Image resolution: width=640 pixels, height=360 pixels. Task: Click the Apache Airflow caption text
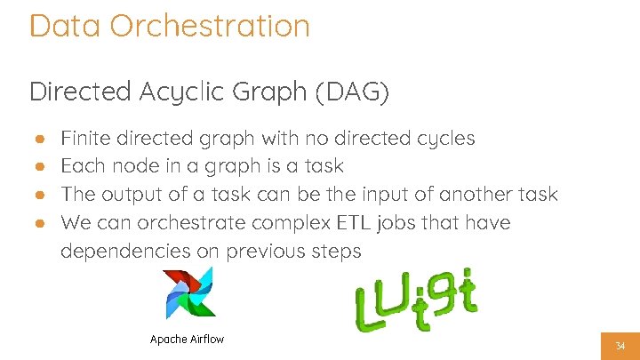[187, 340]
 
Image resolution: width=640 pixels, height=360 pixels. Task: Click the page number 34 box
[620, 345]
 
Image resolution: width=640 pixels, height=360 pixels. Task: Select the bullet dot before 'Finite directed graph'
[40, 139]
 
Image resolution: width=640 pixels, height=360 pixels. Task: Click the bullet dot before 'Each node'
[40, 166]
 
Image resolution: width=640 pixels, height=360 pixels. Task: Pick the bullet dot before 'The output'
[40, 195]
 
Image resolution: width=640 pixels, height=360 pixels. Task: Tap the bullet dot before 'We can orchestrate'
[40, 222]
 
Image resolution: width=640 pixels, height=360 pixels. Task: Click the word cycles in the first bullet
[444, 140]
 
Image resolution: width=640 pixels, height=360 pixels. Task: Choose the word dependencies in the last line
[125, 252]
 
